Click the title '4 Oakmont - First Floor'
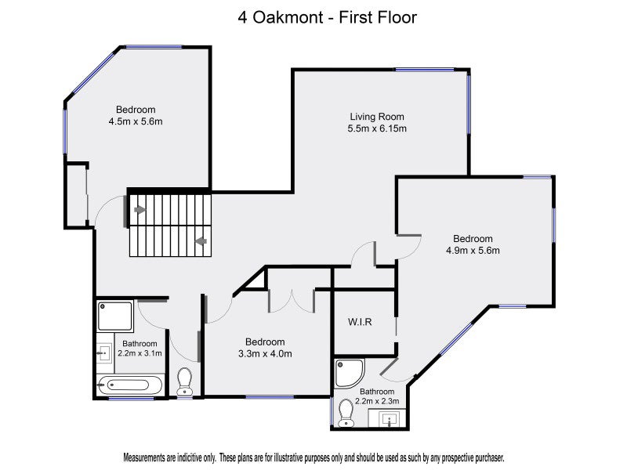(327, 17)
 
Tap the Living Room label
(377, 117)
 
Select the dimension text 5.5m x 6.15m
(377, 128)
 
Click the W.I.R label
(360, 322)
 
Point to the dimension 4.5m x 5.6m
(136, 121)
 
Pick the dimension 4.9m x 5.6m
(473, 251)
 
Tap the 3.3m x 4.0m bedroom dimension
(265, 354)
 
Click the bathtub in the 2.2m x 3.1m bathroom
(129, 385)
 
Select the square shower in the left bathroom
(114, 316)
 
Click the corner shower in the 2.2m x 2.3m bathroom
(349, 374)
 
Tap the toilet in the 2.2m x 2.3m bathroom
(346, 414)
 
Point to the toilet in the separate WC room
(184, 381)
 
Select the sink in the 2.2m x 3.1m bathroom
(105, 353)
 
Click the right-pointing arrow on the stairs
(140, 210)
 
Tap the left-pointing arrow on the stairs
(201, 241)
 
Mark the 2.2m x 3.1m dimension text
(140, 353)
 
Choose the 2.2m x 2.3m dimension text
(377, 401)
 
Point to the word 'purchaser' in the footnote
(488, 457)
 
